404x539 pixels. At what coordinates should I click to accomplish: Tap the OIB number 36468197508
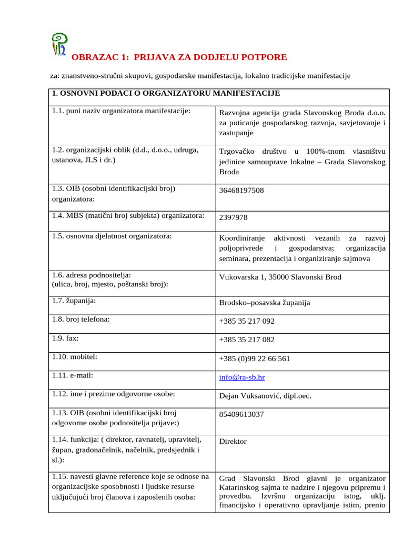[241, 191]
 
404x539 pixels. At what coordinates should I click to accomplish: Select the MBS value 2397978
[233, 217]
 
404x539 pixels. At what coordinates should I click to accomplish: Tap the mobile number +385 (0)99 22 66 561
[255, 358]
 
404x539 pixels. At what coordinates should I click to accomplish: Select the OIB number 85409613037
[241, 414]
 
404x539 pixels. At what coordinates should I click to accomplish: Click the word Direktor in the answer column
[233, 442]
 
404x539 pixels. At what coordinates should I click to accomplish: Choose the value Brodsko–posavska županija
[265, 303]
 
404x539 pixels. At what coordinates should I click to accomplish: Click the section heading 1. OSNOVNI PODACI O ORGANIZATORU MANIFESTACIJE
[166, 94]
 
